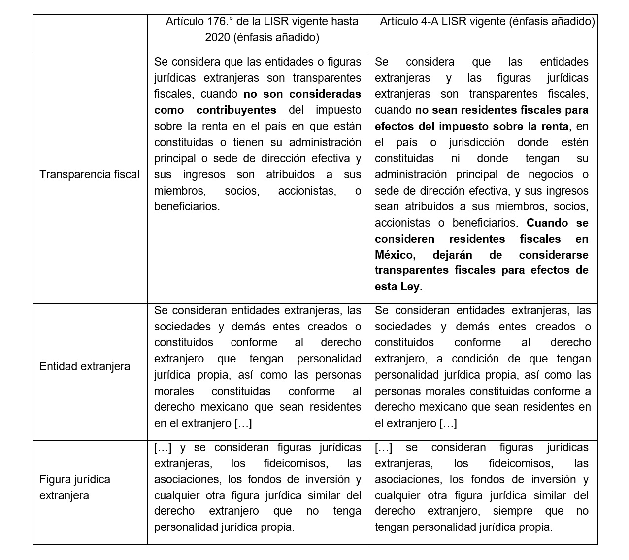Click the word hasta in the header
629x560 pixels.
click(343, 22)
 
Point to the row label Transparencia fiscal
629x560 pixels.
click(89, 175)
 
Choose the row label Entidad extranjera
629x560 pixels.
click(85, 367)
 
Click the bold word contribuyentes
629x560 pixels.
click(236, 110)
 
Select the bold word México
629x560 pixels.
click(394, 255)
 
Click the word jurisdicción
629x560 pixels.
click(476, 143)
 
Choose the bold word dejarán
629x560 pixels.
click(452, 255)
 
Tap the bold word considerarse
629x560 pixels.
click(553, 255)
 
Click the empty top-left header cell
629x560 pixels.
click(90, 34)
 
